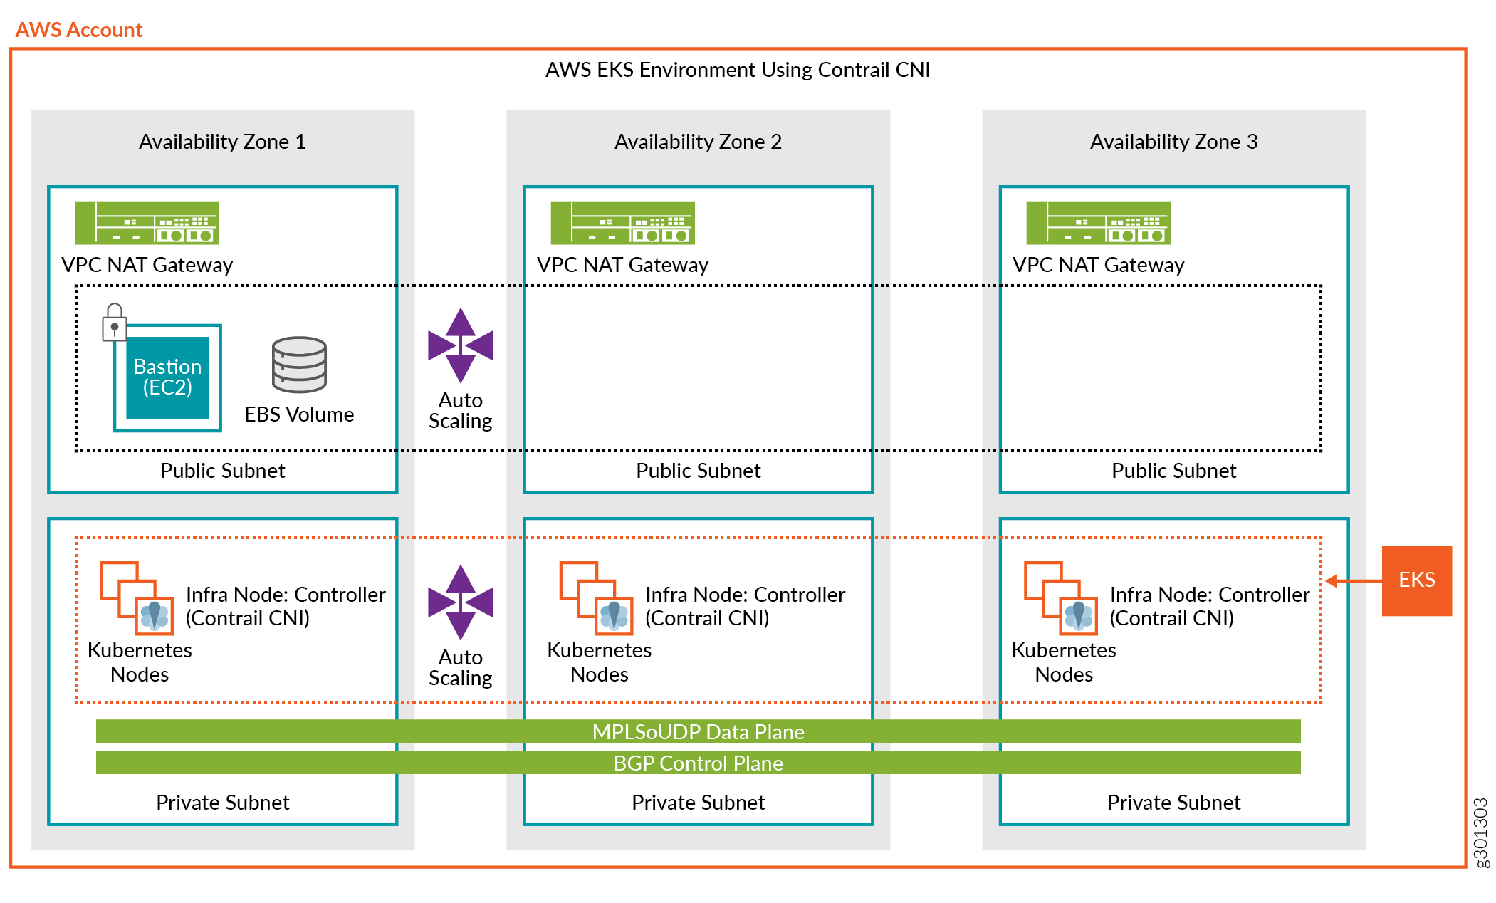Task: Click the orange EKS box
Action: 1416,580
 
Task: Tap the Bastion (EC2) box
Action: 167,377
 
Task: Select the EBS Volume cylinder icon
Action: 299,365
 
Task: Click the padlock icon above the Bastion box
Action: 114,322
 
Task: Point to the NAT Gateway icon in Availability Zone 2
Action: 622,223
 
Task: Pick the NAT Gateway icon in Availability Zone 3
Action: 1098,223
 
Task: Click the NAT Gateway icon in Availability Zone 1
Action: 147,223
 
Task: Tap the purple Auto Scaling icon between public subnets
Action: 461,345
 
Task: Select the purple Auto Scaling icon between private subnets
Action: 461,602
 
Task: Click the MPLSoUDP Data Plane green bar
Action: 698,731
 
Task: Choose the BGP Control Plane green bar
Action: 698,763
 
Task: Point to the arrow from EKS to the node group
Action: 1353,581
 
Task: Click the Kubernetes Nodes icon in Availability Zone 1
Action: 137,598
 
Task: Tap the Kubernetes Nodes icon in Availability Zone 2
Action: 596,598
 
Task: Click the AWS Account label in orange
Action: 79,30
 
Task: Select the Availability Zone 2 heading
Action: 698,142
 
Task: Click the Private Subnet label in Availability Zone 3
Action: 1173,803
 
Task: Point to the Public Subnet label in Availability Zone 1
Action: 222,471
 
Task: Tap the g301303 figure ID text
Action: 1480,832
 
